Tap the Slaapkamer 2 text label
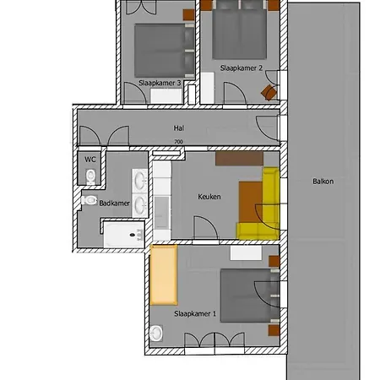click(241, 67)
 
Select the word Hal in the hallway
click(177, 129)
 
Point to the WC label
click(90, 159)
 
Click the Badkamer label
click(113, 203)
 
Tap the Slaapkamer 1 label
click(195, 313)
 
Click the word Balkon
click(322, 181)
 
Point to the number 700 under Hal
click(177, 142)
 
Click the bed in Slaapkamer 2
click(240, 30)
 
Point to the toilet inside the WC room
click(90, 176)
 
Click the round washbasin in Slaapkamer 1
click(155, 335)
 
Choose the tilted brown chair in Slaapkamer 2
click(269, 91)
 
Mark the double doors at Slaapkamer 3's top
click(138, 7)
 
